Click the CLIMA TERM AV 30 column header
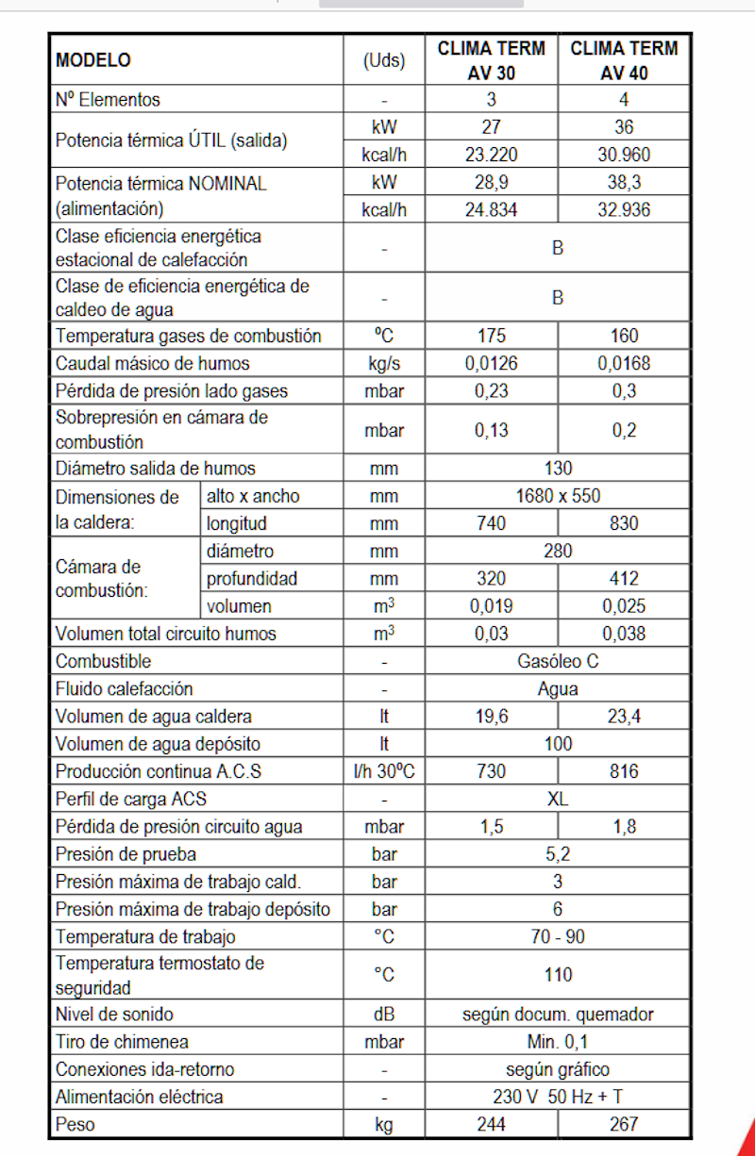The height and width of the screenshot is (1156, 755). point(491,60)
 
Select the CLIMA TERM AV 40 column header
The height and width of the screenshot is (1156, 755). point(624,60)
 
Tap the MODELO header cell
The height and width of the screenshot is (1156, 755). point(93,60)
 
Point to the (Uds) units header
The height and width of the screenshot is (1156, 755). point(384,60)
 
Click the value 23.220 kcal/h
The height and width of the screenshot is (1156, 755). point(491,155)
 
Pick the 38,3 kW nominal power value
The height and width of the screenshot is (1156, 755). point(624,183)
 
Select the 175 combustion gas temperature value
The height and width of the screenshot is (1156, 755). point(491,336)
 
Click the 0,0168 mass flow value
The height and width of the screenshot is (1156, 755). point(624,363)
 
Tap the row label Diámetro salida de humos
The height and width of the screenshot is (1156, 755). point(156,468)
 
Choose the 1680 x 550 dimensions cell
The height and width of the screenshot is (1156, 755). point(558,495)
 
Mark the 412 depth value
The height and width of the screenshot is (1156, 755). point(624,578)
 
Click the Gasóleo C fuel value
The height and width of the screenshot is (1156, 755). point(558,661)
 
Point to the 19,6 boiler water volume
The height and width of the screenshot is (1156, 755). point(491,717)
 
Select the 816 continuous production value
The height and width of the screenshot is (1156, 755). point(624,771)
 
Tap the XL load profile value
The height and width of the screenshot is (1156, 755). point(558,800)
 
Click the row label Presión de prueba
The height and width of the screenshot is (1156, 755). point(126,855)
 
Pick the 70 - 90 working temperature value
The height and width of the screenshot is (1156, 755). point(558,937)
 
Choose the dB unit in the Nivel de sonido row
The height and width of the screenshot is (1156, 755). point(384,1015)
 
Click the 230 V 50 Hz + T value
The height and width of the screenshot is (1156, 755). point(558,1097)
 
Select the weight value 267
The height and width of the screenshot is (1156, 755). point(624,1124)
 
